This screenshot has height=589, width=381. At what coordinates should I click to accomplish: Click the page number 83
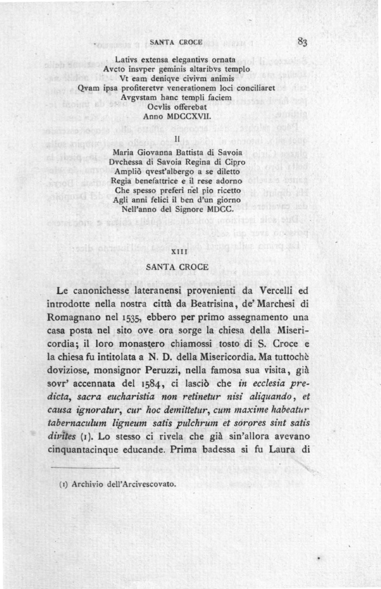pyautogui.click(x=303, y=42)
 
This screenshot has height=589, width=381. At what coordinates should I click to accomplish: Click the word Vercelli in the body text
pyautogui.click(x=277, y=290)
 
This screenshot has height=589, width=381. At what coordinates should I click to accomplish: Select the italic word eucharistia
pyautogui.click(x=136, y=397)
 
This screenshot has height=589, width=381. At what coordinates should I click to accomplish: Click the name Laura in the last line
pyautogui.click(x=285, y=450)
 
